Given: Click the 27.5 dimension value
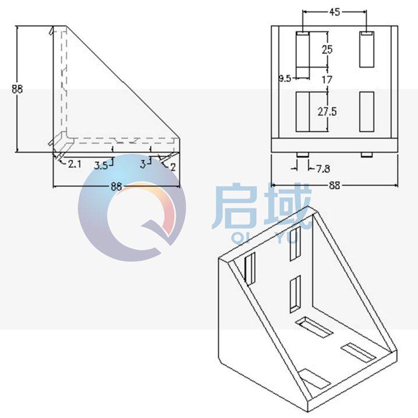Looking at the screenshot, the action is tap(327, 111).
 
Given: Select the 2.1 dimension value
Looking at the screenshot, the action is tap(74, 164).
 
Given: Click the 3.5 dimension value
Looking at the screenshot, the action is tap(101, 165).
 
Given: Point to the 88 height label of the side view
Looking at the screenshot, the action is tap(17, 89).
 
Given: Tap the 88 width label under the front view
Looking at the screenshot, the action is tap(334, 186).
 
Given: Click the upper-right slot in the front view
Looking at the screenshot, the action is tap(366, 50).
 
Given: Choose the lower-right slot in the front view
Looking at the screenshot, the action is tap(366, 111).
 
